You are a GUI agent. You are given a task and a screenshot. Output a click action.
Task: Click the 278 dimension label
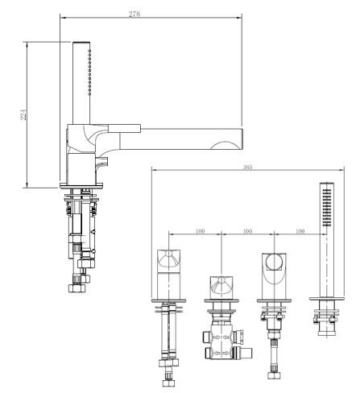click(x=134, y=14)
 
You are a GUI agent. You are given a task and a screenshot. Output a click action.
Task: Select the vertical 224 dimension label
click(x=23, y=114)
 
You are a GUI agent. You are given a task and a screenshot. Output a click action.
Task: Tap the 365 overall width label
click(x=247, y=167)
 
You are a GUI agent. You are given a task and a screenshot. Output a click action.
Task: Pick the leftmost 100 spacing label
click(x=201, y=231)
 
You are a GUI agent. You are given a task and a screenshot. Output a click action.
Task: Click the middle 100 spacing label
click(x=247, y=231)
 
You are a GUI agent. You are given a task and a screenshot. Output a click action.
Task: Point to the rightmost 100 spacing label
click(x=300, y=231)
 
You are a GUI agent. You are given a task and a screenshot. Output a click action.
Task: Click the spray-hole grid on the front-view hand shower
click(x=326, y=208)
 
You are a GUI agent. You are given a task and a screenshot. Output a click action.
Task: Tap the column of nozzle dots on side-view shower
click(x=89, y=72)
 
